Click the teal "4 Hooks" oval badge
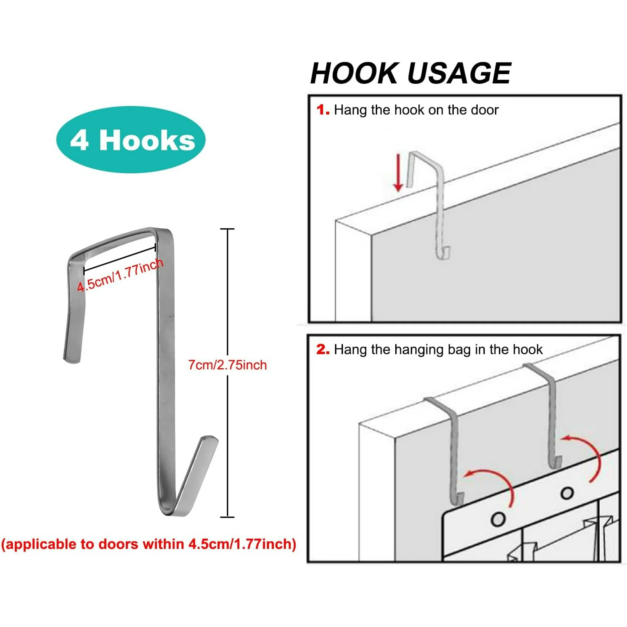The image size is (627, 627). (131, 139)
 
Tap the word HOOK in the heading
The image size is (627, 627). (354, 73)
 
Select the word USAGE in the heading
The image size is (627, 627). (459, 73)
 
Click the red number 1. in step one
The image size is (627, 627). (323, 110)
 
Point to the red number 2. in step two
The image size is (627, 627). (323, 350)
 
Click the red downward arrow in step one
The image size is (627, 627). (398, 172)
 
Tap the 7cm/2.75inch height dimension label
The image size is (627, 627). (228, 365)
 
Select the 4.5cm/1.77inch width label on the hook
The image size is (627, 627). (120, 276)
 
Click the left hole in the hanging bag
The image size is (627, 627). (498, 519)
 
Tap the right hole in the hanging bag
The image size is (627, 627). (567, 493)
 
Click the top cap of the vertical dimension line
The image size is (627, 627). (227, 229)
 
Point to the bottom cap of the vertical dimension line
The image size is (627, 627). (227, 517)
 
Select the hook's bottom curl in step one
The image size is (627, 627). (443, 252)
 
